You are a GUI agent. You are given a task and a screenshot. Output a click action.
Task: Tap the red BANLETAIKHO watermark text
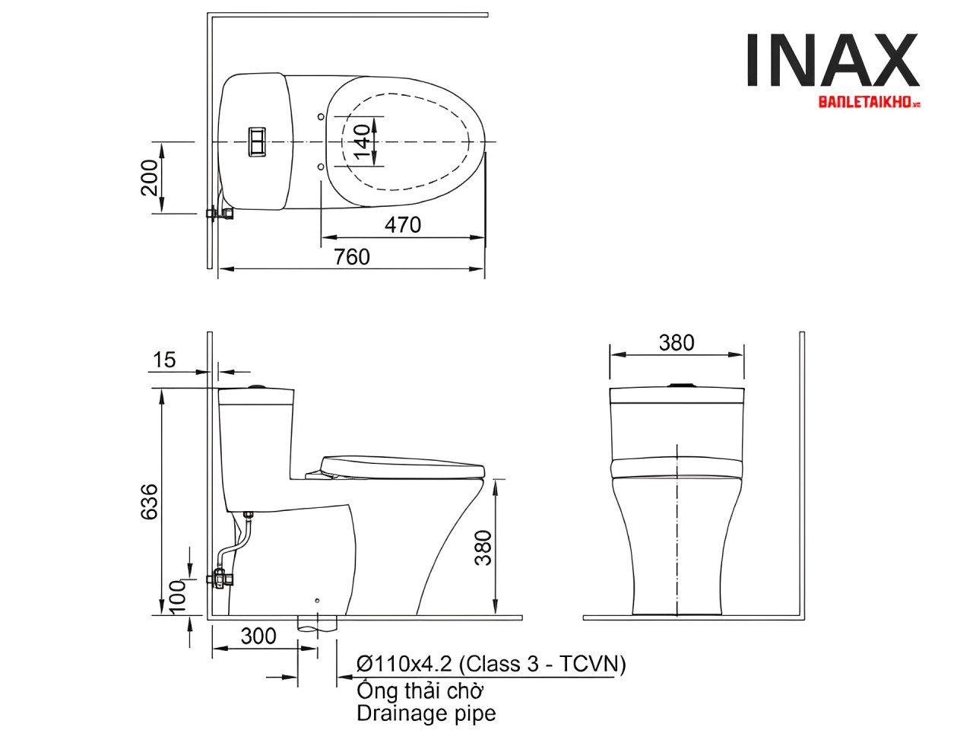click(x=868, y=103)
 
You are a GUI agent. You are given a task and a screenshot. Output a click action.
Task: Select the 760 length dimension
click(x=351, y=257)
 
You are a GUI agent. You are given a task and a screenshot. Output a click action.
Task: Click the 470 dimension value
click(x=402, y=225)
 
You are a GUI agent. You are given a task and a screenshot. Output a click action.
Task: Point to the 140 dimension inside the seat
click(x=363, y=141)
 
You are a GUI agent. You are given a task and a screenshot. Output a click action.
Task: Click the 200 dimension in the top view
click(x=150, y=177)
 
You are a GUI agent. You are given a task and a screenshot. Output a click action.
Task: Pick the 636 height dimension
click(x=150, y=502)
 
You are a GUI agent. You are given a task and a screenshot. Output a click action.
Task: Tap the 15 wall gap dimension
click(x=164, y=360)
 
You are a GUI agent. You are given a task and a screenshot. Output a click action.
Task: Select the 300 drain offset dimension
click(x=258, y=636)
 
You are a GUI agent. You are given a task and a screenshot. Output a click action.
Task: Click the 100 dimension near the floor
click(x=177, y=597)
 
